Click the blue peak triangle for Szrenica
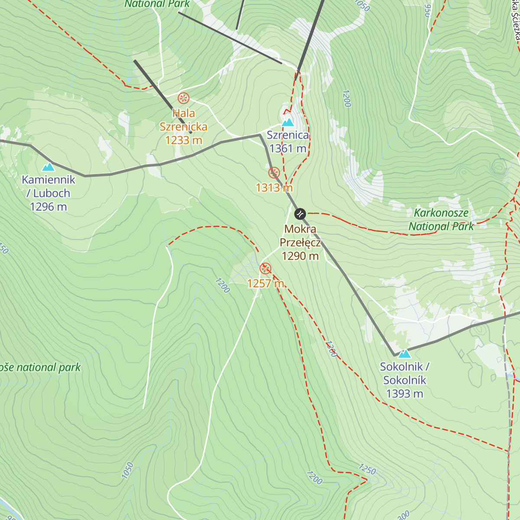[x=288, y=123]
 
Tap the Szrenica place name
[x=288, y=135]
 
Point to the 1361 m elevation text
[x=288, y=149]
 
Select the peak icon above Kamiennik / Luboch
[x=49, y=167]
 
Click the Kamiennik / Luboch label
[x=49, y=186]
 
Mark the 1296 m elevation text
[x=49, y=207]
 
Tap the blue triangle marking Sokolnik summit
[x=404, y=354]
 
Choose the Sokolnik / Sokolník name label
[x=404, y=373]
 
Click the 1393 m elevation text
[x=404, y=393]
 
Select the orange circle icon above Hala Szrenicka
[x=184, y=98]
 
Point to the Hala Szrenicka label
[x=184, y=120]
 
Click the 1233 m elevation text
[x=184, y=140]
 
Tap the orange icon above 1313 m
[x=274, y=172]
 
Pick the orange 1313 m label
[x=274, y=188]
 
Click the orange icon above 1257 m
[x=266, y=269]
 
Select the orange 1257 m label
[x=266, y=283]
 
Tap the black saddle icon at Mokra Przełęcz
[x=300, y=214]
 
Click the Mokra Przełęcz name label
[x=300, y=236]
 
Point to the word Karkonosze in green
[x=441, y=213]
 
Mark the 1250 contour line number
[x=367, y=469]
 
